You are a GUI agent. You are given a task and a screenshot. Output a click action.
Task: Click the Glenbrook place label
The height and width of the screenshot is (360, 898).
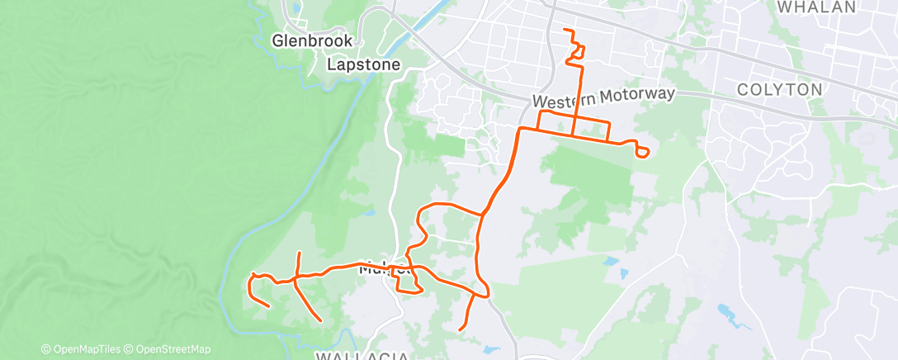(313, 40)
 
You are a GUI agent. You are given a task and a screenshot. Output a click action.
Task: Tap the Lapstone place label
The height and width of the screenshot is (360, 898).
(363, 64)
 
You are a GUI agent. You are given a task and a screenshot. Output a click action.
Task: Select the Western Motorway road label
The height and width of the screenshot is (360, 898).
(604, 97)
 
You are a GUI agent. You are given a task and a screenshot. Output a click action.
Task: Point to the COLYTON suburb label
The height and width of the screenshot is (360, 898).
(779, 89)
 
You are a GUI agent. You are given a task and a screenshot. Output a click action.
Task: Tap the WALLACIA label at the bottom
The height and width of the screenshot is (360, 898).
(362, 355)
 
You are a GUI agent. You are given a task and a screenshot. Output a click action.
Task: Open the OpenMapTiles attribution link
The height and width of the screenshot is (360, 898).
(85, 349)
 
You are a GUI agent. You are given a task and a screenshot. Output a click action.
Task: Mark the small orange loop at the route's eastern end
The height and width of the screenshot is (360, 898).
(642, 151)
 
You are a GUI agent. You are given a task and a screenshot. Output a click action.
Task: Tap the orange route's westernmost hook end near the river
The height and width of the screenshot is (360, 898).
(269, 306)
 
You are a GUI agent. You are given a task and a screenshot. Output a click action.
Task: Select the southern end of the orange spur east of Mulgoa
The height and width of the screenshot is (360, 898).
(460, 330)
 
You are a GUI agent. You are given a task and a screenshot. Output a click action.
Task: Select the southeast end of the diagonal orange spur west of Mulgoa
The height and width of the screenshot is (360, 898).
(319, 320)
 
